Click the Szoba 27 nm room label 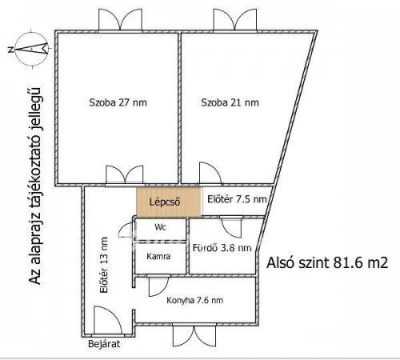[x=118, y=102]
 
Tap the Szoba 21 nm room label [x=230, y=102]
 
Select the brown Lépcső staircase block [x=169, y=202]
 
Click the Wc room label [x=160, y=227]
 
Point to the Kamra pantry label [x=158, y=257]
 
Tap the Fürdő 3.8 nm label [x=222, y=248]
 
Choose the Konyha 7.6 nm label [x=194, y=301]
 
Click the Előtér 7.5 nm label [x=237, y=199]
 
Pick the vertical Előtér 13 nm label [x=103, y=265]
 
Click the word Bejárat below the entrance [x=104, y=344]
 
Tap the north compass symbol [x=31, y=48]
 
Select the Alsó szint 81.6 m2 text [x=327, y=263]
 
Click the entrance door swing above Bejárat [x=108, y=320]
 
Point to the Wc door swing [x=126, y=230]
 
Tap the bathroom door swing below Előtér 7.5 [x=232, y=227]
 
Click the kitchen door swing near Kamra [x=158, y=286]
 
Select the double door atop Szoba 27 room [x=120, y=19]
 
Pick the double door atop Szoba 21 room [x=235, y=19]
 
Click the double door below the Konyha [x=194, y=335]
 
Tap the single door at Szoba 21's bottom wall [x=210, y=173]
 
